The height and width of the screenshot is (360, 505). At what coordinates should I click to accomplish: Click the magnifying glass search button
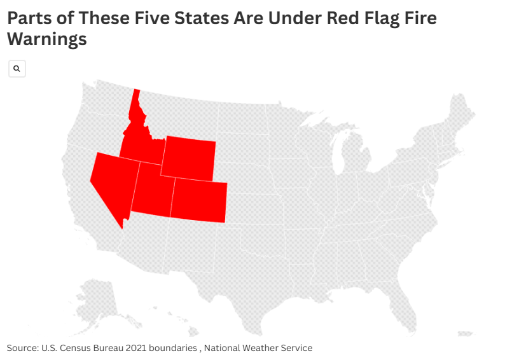pos(17,69)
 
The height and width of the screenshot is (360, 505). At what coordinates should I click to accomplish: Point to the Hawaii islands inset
pos(191,328)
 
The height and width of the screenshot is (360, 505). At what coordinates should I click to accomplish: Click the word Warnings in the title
pos(46,39)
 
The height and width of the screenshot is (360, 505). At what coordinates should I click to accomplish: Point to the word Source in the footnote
pos(22,348)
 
